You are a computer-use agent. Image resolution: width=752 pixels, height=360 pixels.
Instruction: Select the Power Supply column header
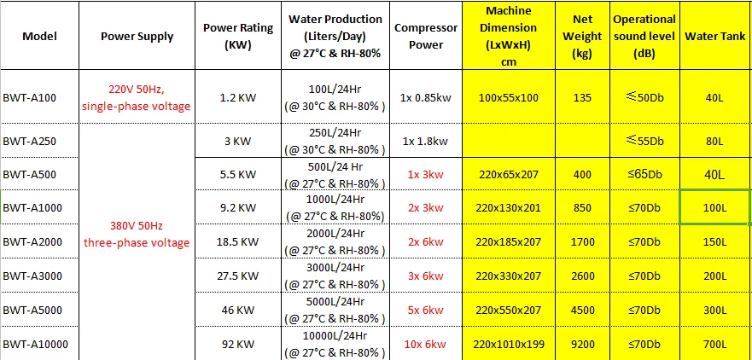(x=137, y=37)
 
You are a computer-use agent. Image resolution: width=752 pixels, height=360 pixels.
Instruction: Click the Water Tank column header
(x=714, y=37)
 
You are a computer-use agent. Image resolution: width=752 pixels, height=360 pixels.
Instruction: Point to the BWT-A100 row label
(x=30, y=97)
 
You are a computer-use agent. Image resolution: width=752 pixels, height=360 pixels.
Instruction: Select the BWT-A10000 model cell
(x=35, y=344)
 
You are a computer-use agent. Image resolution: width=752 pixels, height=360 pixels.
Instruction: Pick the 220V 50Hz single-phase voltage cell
(x=137, y=98)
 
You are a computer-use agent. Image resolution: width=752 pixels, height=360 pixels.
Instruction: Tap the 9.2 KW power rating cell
(x=238, y=207)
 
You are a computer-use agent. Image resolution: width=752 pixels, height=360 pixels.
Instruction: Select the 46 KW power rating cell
(x=238, y=310)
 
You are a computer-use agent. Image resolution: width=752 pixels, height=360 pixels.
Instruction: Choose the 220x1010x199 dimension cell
(x=509, y=344)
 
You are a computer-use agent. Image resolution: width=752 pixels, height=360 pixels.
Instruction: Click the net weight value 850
(x=582, y=207)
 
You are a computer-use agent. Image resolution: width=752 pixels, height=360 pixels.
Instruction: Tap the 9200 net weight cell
(x=582, y=344)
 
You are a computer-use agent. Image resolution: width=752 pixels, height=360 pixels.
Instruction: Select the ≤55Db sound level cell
(x=644, y=140)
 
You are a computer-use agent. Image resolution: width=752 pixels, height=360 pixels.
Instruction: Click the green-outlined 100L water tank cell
(x=714, y=207)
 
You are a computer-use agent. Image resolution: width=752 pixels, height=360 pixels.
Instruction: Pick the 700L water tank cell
(x=714, y=344)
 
